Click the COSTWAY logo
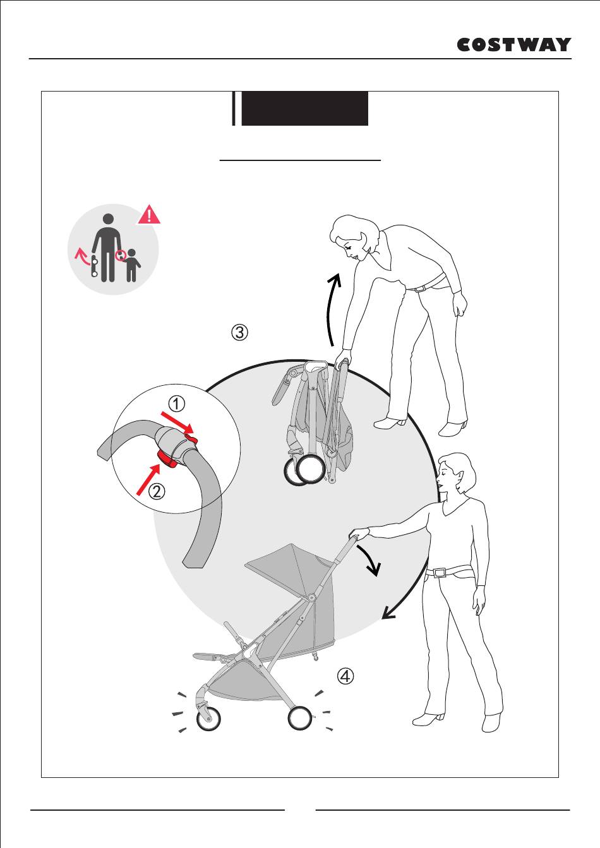pos(514,45)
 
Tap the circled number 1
pos(176,404)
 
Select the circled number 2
pos(157,491)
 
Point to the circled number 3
pos(239,332)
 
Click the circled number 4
pos(345,676)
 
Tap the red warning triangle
pos(149,215)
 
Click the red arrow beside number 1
pos(177,423)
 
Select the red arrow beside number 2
pos(149,479)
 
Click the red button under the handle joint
pos(167,459)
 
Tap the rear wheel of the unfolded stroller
pos(300,717)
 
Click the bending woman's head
pos(354,237)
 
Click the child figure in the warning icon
pos(131,265)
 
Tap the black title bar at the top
pos(304,108)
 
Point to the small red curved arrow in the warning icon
pos(81,256)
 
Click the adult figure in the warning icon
pos(108,248)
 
